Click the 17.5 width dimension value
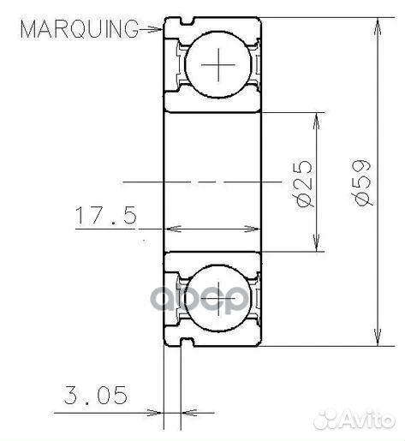point(105,217)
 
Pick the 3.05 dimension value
point(96,396)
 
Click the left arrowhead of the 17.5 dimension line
point(170,229)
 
